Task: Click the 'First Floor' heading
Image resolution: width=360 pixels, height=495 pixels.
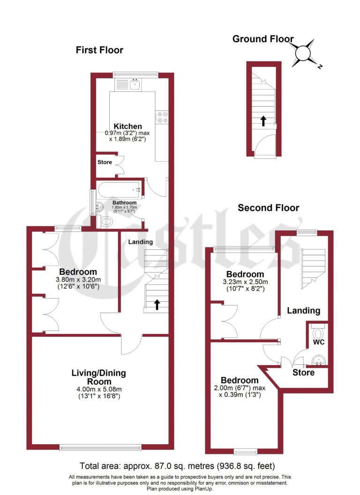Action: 99,50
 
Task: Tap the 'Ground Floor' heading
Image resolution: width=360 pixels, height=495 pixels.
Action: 263,39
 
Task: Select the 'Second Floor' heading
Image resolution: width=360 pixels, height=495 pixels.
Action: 268,208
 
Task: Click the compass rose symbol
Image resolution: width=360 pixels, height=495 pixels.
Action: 304,52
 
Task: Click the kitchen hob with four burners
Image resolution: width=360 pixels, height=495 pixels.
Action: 163,117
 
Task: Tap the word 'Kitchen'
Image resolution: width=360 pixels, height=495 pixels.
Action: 127,126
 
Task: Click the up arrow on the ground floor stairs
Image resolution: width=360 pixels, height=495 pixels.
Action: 263,121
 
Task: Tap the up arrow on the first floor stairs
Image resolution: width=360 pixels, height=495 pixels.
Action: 156,305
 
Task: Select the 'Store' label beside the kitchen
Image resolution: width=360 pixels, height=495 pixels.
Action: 105,163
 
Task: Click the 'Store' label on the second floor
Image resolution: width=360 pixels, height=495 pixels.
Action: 303,373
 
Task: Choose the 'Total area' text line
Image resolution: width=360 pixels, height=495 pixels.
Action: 177,466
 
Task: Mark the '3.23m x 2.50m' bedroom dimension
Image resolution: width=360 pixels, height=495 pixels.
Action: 245,282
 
